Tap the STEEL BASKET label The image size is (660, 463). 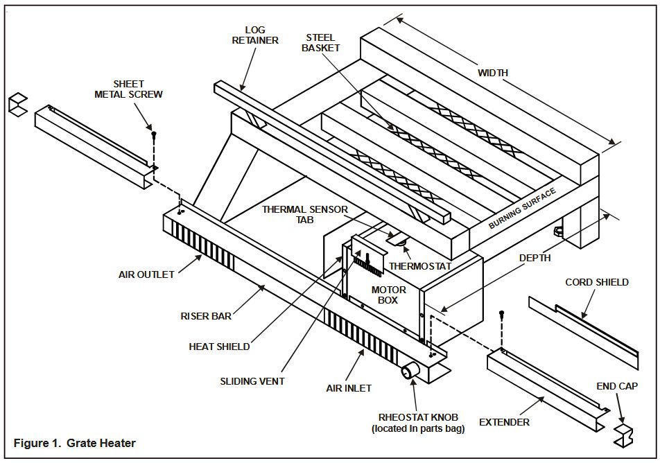click(320, 42)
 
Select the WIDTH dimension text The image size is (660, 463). click(493, 73)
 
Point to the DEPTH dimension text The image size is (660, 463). click(535, 258)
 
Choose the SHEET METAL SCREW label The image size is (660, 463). click(128, 89)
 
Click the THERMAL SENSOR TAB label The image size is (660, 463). click(305, 214)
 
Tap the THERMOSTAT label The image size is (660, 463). click(420, 266)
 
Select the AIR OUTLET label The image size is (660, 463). click(146, 274)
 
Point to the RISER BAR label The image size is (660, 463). click(206, 316)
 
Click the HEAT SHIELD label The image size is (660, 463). click(219, 347)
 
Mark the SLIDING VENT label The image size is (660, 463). click(252, 381)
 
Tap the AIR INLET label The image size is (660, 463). click(349, 388)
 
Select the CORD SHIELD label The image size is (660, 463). click(597, 282)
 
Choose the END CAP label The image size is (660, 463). click(617, 386)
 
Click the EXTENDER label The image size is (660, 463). click(504, 422)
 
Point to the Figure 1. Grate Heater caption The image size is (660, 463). click(75, 443)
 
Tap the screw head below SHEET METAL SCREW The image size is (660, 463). click(154, 133)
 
